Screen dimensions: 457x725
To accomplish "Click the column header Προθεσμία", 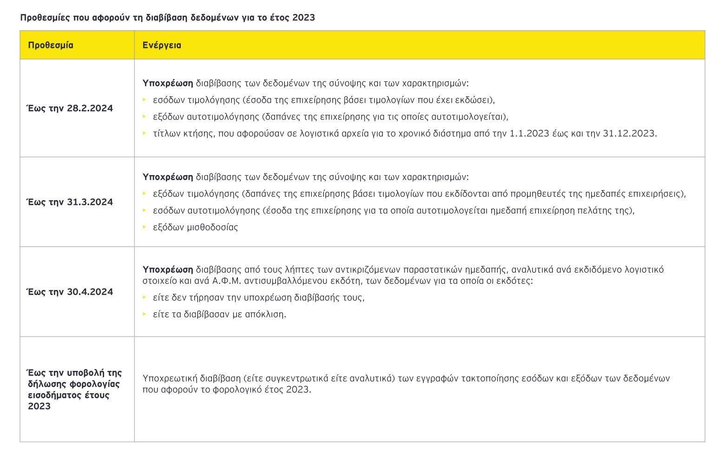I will pos(51,45).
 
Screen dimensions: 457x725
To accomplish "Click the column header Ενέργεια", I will pos(162,45).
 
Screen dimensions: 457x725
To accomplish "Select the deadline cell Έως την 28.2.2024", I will pos(70,108).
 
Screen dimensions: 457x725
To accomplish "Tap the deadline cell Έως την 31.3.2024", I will pos(70,202).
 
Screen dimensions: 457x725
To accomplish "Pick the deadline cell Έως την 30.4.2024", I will pos(70,292).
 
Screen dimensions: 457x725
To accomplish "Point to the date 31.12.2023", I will pos(629,134).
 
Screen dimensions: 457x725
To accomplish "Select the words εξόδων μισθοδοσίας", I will pos(195,228).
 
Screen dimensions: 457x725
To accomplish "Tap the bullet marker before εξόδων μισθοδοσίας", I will pos(145,227).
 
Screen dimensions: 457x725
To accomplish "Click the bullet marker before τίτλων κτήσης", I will pos(145,133).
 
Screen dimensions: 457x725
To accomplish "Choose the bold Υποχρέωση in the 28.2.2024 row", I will pos(168,83).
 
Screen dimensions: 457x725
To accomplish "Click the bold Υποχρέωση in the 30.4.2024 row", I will pos(168,269).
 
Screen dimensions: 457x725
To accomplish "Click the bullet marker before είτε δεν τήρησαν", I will pos(145,297).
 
